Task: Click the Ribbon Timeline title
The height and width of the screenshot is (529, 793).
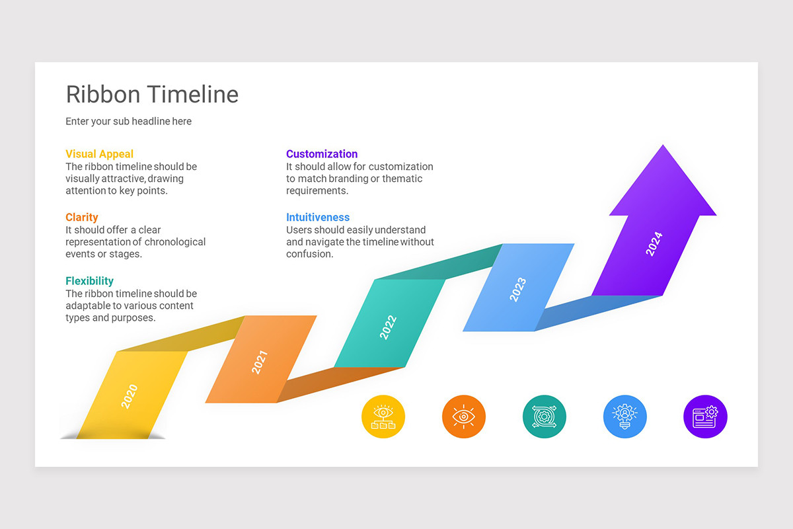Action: [x=152, y=95]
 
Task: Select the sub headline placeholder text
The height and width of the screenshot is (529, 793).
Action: [x=128, y=122]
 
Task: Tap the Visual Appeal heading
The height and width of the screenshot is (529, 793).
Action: [x=99, y=154]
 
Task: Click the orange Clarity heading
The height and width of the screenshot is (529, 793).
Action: [x=81, y=218]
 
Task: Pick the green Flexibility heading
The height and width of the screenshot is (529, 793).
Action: [x=89, y=281]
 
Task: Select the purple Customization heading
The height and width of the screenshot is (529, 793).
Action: [x=322, y=154]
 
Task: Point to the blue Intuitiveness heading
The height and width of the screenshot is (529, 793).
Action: [x=318, y=218]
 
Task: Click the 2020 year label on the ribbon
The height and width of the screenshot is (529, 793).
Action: [x=130, y=396]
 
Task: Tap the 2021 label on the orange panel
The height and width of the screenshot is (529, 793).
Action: [x=260, y=362]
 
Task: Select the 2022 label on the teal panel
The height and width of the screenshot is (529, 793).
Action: [x=388, y=327]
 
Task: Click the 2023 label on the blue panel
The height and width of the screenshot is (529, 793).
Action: [x=517, y=290]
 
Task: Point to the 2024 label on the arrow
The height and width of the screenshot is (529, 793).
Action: [x=654, y=244]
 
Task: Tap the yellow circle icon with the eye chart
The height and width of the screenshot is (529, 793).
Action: [x=383, y=417]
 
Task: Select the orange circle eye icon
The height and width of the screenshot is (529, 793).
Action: [x=463, y=417]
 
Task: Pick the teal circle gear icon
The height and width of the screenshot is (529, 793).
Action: [x=544, y=417]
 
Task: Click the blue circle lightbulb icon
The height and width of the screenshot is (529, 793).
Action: [x=624, y=417]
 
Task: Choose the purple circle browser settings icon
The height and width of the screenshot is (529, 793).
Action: [x=704, y=417]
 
